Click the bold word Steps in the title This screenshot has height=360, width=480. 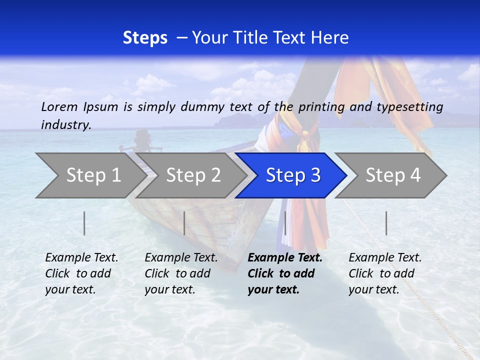pos(145,38)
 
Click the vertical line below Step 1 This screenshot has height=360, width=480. pos(84,223)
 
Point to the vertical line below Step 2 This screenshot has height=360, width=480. pos(184,223)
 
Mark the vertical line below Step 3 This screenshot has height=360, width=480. pos(285,223)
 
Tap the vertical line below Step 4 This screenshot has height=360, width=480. pos(386,223)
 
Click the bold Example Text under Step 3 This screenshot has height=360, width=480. pos(285,258)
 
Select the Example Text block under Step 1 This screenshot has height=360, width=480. pos(81,273)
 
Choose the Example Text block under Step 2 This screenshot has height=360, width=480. pos(181,273)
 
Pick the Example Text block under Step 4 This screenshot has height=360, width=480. pos(385,273)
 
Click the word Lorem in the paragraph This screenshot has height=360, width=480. pos(59,107)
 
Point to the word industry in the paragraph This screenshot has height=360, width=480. pos(65,125)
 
